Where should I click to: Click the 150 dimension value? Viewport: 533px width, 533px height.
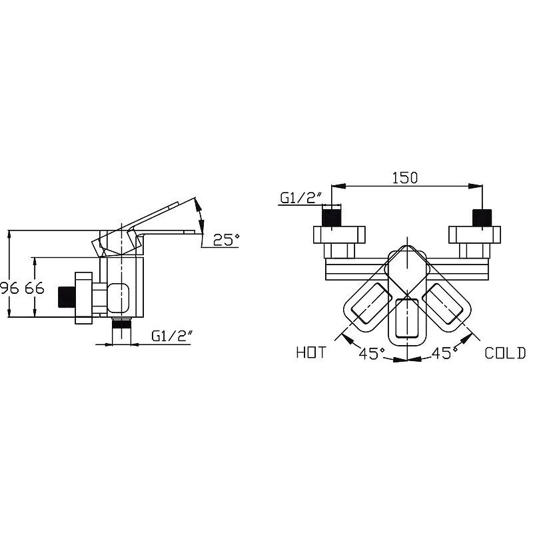click(405, 178)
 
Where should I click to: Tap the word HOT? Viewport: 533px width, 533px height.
click(311, 352)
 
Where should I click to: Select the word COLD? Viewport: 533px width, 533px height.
click(505, 353)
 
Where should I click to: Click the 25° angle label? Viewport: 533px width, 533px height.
click(226, 240)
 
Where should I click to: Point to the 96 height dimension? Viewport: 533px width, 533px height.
click(9, 288)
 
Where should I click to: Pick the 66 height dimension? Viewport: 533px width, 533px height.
click(35, 288)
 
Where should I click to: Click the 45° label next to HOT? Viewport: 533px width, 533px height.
click(372, 354)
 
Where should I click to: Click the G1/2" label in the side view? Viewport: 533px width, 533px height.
click(172, 336)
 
